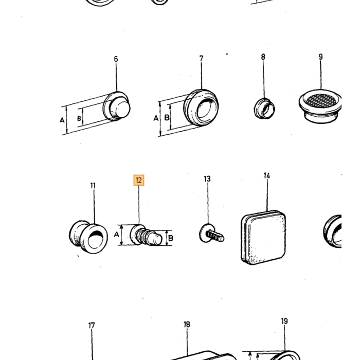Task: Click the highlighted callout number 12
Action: pyautogui.click(x=139, y=180)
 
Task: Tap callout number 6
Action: pyautogui.click(x=116, y=59)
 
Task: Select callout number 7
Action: pyautogui.click(x=202, y=59)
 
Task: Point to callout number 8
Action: pyautogui.click(x=263, y=57)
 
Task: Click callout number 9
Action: pyautogui.click(x=320, y=57)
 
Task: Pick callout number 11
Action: pyautogui.click(x=93, y=186)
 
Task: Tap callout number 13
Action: pyautogui.click(x=207, y=179)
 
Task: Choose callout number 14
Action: pyautogui.click(x=266, y=176)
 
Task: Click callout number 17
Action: pyautogui.click(x=92, y=326)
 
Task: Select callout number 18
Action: pyautogui.click(x=187, y=325)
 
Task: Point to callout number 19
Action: pyautogui.click(x=284, y=321)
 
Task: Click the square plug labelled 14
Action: pyautogui.click(x=263, y=237)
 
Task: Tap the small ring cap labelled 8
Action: pyautogui.click(x=264, y=109)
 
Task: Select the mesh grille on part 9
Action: pyautogui.click(x=321, y=101)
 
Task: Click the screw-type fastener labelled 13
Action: pyautogui.click(x=211, y=233)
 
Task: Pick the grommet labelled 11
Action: pyautogui.click(x=88, y=237)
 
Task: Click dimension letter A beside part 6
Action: pyautogui.click(x=62, y=120)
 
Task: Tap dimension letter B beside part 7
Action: pyautogui.click(x=167, y=117)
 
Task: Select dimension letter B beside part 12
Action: pyautogui.click(x=171, y=238)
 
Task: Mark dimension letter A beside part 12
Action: pyautogui.click(x=116, y=235)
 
